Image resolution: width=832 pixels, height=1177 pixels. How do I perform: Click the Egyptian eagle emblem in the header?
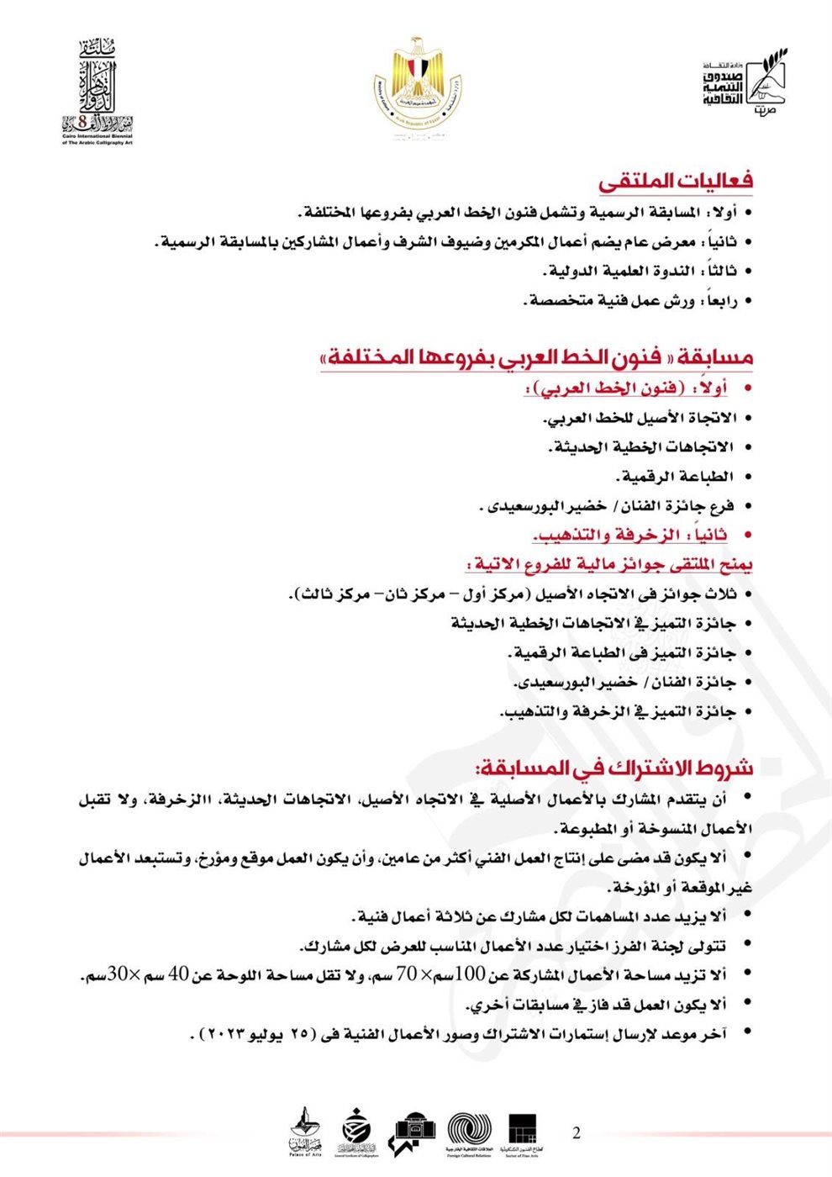click(x=418, y=82)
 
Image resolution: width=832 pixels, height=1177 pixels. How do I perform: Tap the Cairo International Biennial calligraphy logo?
click(x=97, y=91)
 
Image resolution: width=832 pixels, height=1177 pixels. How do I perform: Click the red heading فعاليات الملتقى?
click(x=676, y=181)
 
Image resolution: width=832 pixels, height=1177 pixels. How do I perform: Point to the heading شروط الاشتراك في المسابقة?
click(x=614, y=767)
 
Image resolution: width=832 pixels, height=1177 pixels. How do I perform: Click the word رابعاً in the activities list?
click(x=717, y=300)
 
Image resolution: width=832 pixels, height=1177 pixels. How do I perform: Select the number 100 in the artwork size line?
click(x=470, y=974)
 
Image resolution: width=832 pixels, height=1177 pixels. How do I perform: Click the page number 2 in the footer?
click(x=577, y=1132)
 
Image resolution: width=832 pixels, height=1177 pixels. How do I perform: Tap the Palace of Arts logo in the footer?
click(x=305, y=1132)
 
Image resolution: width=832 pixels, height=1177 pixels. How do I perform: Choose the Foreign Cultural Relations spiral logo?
click(x=470, y=1132)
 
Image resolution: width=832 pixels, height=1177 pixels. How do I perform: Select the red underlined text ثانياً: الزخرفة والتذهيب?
click(x=630, y=535)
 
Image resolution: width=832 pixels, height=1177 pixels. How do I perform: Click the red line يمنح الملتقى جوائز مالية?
click(x=609, y=564)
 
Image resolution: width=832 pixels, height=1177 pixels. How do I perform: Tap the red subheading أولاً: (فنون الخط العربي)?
click(x=626, y=388)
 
